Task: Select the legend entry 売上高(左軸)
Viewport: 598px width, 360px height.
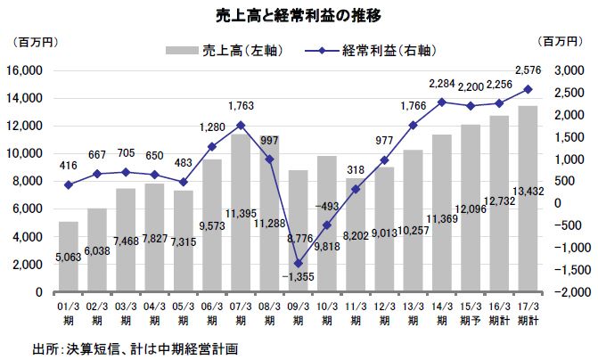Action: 222,50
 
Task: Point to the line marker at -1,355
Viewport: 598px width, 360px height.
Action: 299,263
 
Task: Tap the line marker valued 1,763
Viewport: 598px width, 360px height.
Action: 241,125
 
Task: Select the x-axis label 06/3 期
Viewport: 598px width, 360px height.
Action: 212,313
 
